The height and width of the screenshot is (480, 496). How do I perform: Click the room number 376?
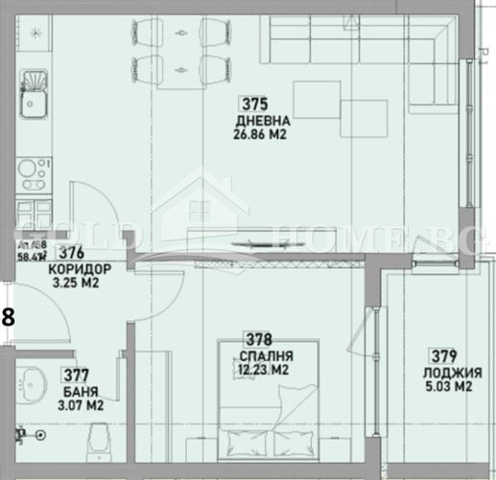point(69,254)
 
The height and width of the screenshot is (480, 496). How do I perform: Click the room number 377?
point(76,376)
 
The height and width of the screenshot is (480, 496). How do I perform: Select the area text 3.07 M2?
point(81,405)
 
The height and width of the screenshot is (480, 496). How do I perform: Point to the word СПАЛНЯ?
point(260,354)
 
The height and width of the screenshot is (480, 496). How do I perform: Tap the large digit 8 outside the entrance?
point(8,317)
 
